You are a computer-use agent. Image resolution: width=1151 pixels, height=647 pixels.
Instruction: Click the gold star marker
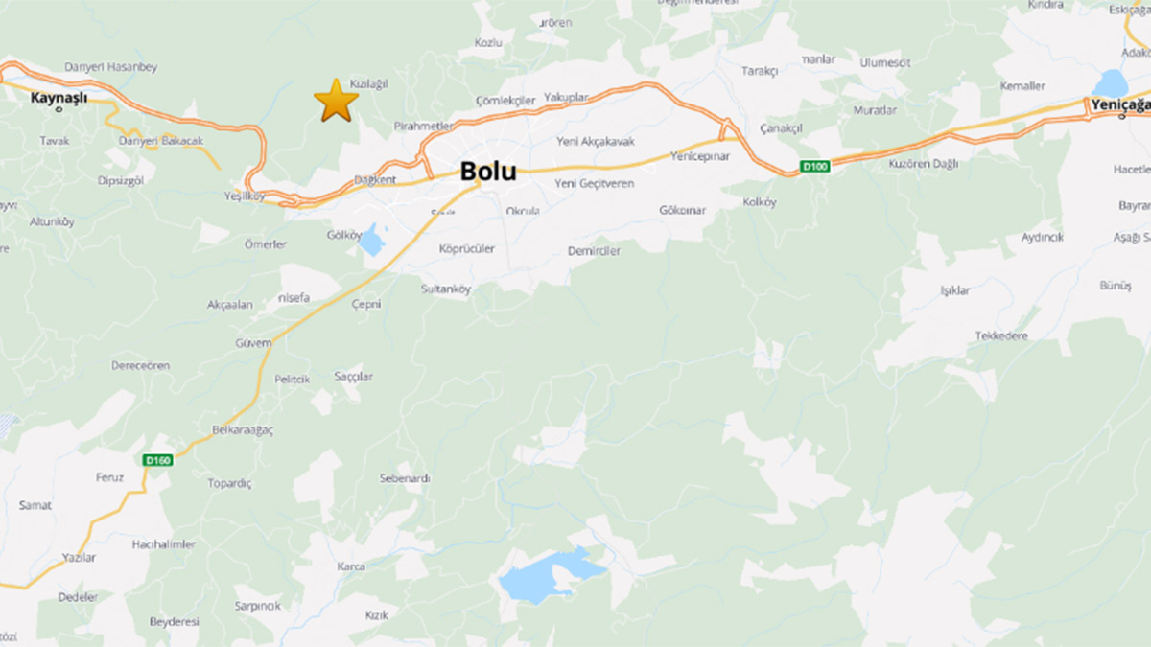tap(336, 100)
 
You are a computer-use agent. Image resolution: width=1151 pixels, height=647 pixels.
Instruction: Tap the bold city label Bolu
tap(488, 172)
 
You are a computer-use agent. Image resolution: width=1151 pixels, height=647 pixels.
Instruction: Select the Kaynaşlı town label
tap(59, 98)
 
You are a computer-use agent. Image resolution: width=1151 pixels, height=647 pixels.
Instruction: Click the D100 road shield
tap(814, 167)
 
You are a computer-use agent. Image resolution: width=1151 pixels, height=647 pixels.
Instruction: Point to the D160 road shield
tap(156, 460)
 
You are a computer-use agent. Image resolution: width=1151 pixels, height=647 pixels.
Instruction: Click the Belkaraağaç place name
tap(241, 430)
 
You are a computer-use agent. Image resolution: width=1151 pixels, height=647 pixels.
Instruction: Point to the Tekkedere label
tap(1001, 335)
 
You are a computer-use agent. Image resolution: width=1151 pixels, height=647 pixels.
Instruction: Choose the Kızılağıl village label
tap(368, 84)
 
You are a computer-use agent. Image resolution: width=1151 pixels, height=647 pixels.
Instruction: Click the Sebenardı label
tap(405, 478)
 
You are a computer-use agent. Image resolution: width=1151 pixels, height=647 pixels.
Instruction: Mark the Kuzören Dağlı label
tap(925, 164)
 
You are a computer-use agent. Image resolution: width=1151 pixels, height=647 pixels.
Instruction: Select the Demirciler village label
tap(594, 251)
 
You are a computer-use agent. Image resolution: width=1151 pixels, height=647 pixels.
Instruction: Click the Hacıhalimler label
tap(164, 544)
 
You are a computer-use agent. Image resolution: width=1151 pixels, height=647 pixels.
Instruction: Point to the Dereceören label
tap(140, 366)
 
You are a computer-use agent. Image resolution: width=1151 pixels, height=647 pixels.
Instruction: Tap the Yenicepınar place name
tap(700, 155)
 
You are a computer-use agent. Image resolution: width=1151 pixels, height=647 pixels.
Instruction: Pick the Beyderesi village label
tap(174, 622)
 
